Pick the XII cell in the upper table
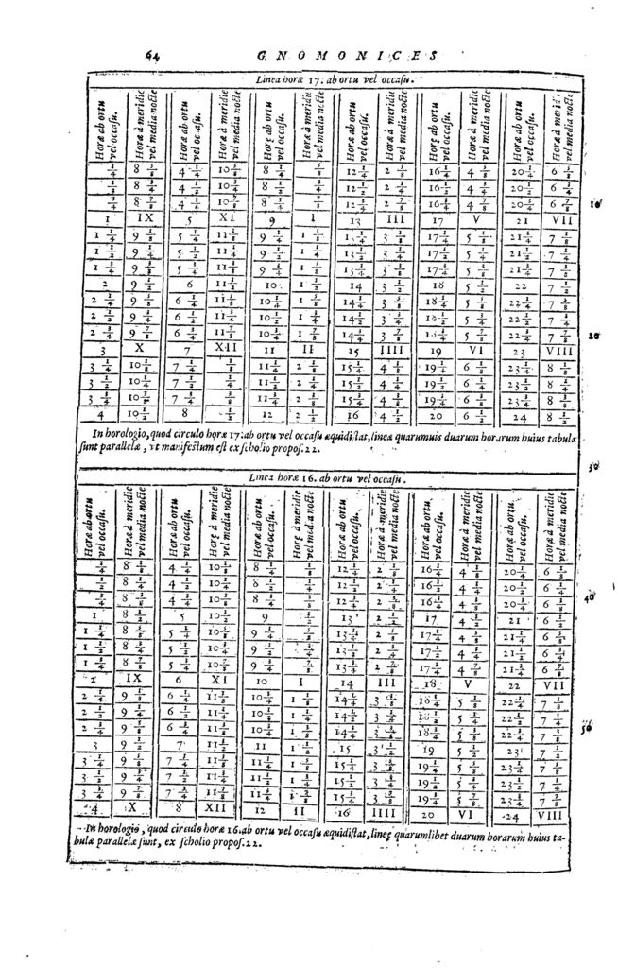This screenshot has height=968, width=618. pos(224,347)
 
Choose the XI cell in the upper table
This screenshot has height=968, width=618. pos(224,216)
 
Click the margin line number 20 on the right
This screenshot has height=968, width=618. pos(593,336)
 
